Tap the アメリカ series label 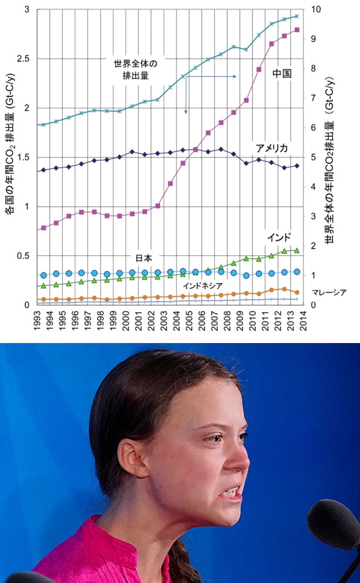pos(271,148)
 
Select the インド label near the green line pos(279,237)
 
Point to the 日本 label pos(144,258)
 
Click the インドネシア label pos(203,285)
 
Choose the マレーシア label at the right pos(329,292)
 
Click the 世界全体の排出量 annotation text pos(136,68)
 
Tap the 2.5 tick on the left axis pos(24,59)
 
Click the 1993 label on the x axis pos(37,321)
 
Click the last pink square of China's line pos(297,30)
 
